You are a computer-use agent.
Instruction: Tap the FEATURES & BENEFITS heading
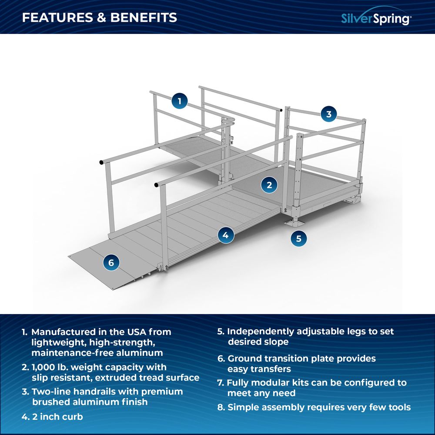pos(100,17)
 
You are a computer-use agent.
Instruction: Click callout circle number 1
pos(179,101)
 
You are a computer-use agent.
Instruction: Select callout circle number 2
pos(269,185)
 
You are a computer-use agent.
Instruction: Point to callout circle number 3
pos(329,114)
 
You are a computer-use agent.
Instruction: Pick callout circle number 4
pos(225,235)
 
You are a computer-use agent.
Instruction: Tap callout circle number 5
pos(298,238)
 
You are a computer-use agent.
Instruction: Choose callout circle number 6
pos(111,262)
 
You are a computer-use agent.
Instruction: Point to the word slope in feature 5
pos(276,342)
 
